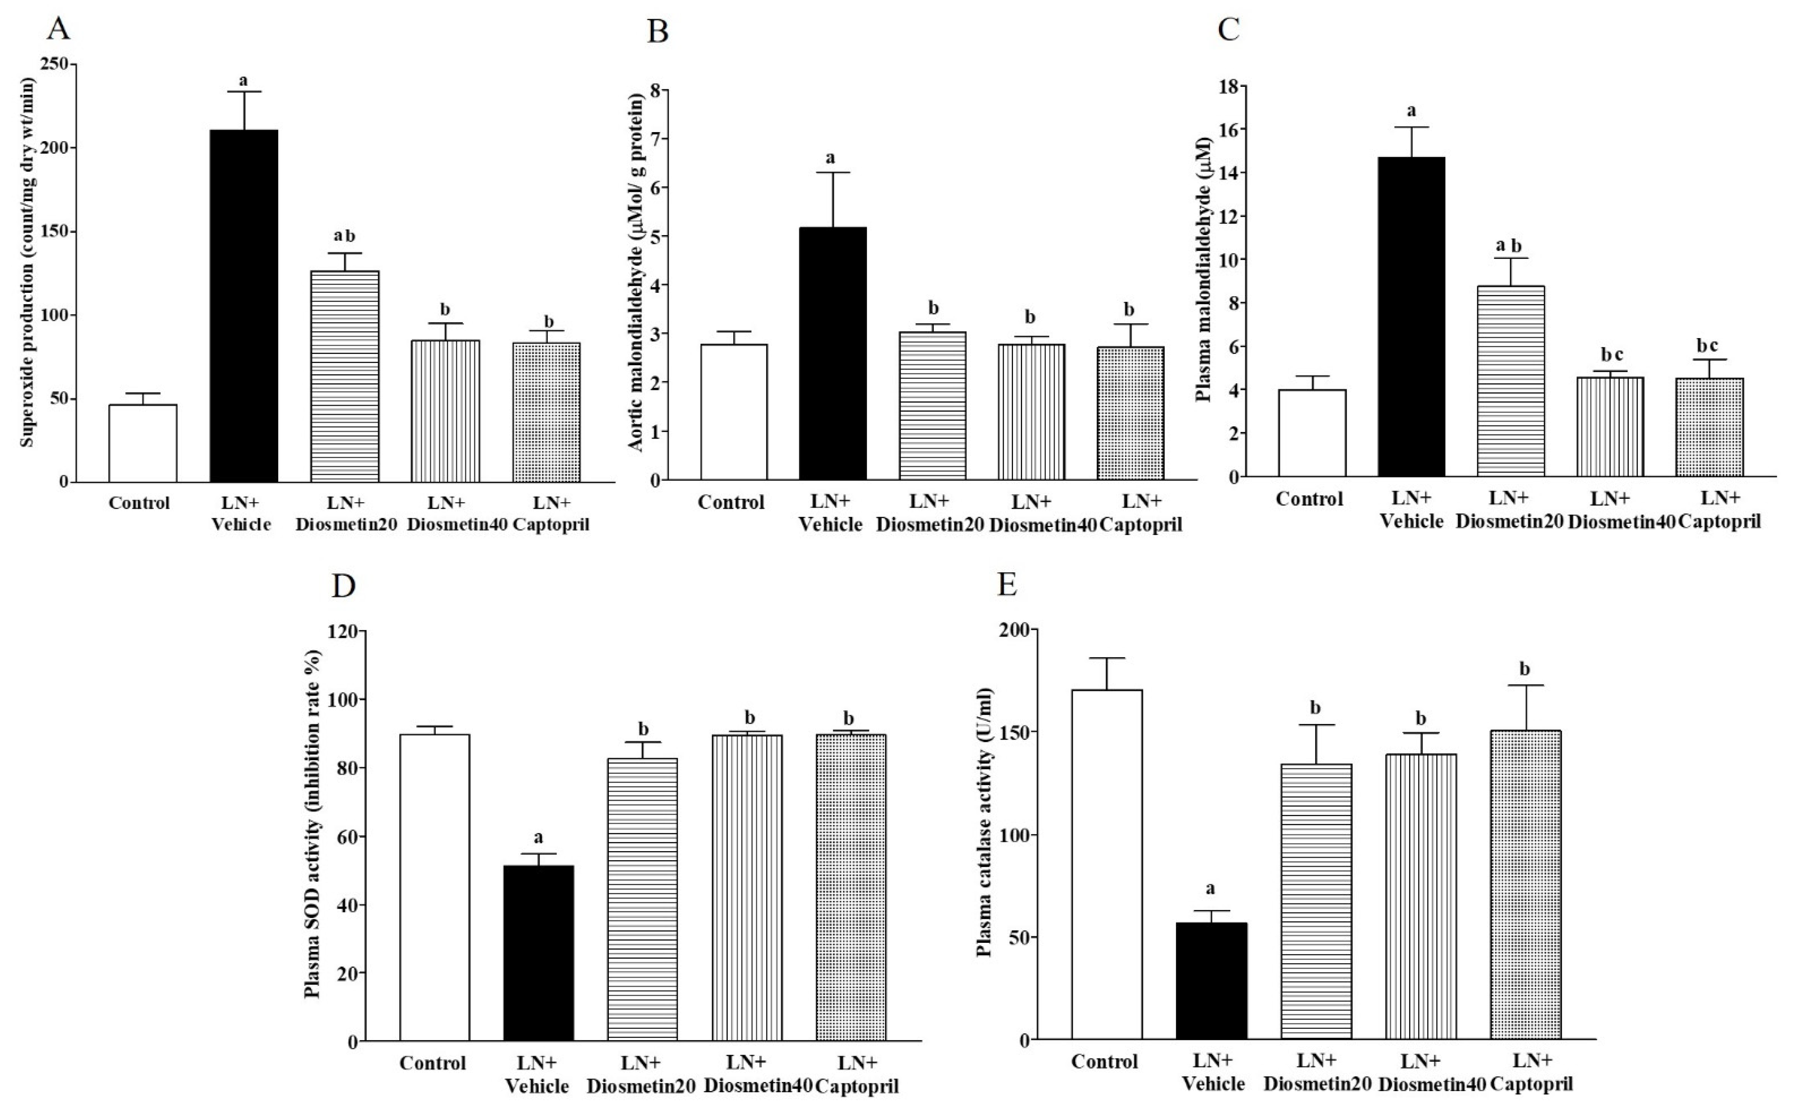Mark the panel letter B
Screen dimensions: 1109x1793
(x=658, y=32)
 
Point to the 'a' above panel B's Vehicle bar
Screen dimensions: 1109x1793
(x=831, y=158)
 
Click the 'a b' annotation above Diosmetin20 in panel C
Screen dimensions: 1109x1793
(x=1508, y=245)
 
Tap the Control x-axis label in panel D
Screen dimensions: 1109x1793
(x=433, y=1063)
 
